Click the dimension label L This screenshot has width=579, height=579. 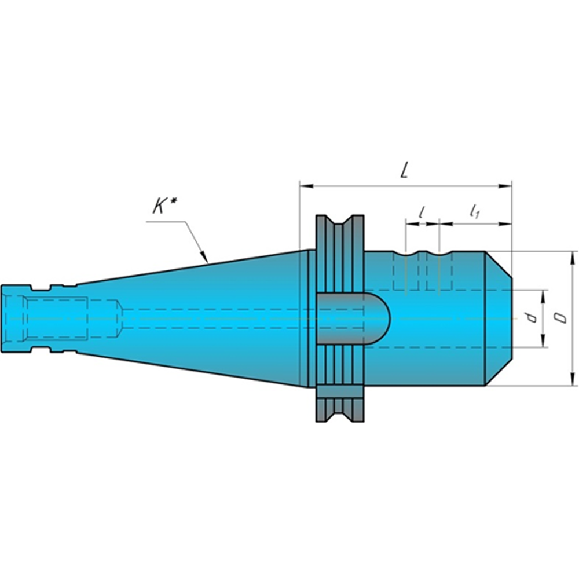pos(405,170)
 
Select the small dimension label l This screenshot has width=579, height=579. pos(422,212)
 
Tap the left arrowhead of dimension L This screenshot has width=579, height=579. pos(304,186)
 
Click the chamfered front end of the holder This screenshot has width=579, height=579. pos(499,318)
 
